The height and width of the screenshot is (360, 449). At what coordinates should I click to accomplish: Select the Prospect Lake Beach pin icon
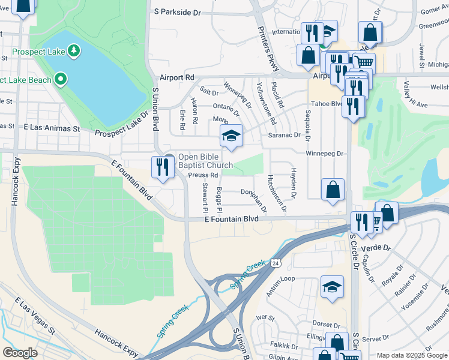pos(60,79)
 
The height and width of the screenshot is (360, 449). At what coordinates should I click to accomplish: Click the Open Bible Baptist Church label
pos(205,161)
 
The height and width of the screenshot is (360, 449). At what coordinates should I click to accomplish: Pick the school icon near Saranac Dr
pos(231,136)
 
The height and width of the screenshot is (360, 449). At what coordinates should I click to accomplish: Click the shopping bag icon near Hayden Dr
pos(333,190)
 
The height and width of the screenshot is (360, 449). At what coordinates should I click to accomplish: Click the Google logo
pos(20,353)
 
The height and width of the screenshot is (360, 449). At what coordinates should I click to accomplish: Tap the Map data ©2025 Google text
pos(412,355)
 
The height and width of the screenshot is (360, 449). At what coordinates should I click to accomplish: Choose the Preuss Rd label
pos(201,175)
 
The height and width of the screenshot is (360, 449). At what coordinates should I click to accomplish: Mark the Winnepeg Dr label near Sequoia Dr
pos(324,154)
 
